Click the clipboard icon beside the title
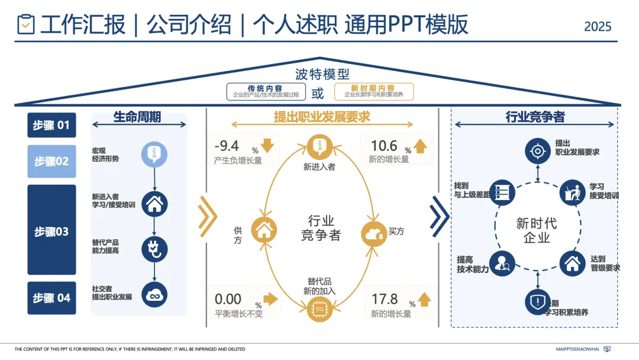pyautogui.click(x=26, y=24)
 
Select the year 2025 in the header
pyautogui.click(x=598, y=27)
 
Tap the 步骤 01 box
pyautogui.click(x=51, y=125)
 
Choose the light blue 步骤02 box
pyautogui.click(x=51, y=161)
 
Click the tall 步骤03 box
pyautogui.click(x=51, y=230)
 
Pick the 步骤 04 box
pyautogui.click(x=51, y=298)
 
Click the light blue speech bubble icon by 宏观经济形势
pyautogui.click(x=154, y=155)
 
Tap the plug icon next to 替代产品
pyautogui.click(x=154, y=249)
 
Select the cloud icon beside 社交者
pyautogui.click(x=154, y=294)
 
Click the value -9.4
pyautogui.click(x=227, y=146)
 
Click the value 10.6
pyautogui.click(x=384, y=146)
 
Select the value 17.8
pyautogui.click(x=385, y=300)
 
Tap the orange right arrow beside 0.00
pyautogui.click(x=270, y=299)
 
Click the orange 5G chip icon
pyautogui.click(x=319, y=309)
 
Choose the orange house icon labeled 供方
pyautogui.click(x=264, y=230)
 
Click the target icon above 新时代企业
pyautogui.click(x=537, y=151)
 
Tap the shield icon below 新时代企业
pyautogui.click(x=537, y=302)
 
